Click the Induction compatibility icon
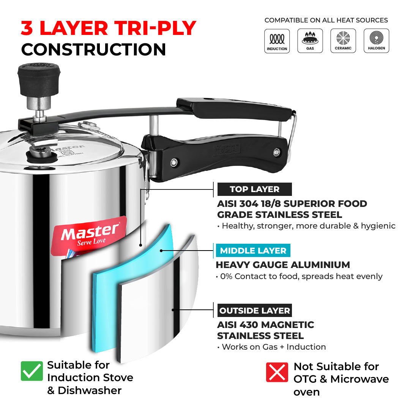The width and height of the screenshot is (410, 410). pyautogui.click(x=277, y=41)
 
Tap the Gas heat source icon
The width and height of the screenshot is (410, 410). pyautogui.click(x=310, y=41)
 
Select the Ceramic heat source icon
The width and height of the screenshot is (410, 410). pyautogui.click(x=343, y=41)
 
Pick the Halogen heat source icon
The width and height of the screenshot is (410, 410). pyautogui.click(x=376, y=41)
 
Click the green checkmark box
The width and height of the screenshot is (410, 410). pyautogui.click(x=32, y=371)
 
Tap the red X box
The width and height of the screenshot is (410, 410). pyautogui.click(x=277, y=372)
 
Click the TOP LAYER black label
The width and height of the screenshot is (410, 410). pyautogui.click(x=254, y=189)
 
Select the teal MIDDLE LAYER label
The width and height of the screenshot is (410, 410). pyautogui.click(x=253, y=251)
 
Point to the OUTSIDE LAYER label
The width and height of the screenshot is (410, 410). pyautogui.click(x=254, y=311)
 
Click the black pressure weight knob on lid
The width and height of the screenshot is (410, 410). pyautogui.click(x=39, y=75)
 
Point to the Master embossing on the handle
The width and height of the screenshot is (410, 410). pyautogui.click(x=227, y=149)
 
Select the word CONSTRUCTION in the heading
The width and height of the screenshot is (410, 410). pyautogui.click(x=93, y=49)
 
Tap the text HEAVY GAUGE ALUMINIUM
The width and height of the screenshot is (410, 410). pyautogui.click(x=283, y=265)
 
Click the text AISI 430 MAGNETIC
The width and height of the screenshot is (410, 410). pyautogui.click(x=265, y=325)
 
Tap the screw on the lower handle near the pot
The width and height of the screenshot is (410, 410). pyautogui.click(x=173, y=162)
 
